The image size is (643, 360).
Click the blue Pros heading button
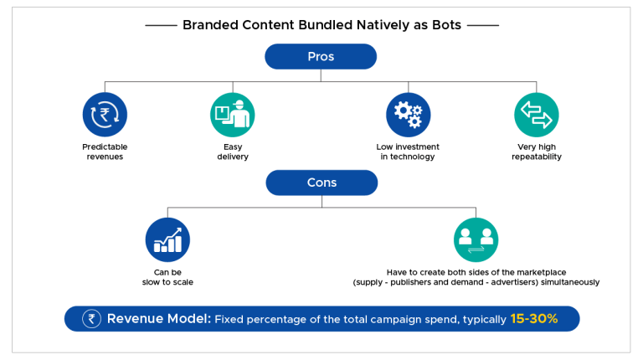point(321,56)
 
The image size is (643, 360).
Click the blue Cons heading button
point(321,183)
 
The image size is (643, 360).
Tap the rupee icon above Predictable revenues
point(105,115)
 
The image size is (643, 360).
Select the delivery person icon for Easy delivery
point(232,115)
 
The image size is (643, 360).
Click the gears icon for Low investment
point(408,115)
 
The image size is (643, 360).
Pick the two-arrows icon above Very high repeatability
point(536,115)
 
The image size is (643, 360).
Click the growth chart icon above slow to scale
point(167,239)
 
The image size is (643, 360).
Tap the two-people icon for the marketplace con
point(476,239)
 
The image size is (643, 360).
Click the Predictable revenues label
point(105,152)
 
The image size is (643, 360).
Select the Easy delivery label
point(232,152)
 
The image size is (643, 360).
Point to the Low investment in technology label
point(408,152)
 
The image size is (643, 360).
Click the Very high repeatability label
point(536,152)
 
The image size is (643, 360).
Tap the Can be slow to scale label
point(167,277)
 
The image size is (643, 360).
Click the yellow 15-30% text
point(533,319)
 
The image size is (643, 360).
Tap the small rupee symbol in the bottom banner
point(91,319)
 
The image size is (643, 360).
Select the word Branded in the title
point(209,25)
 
